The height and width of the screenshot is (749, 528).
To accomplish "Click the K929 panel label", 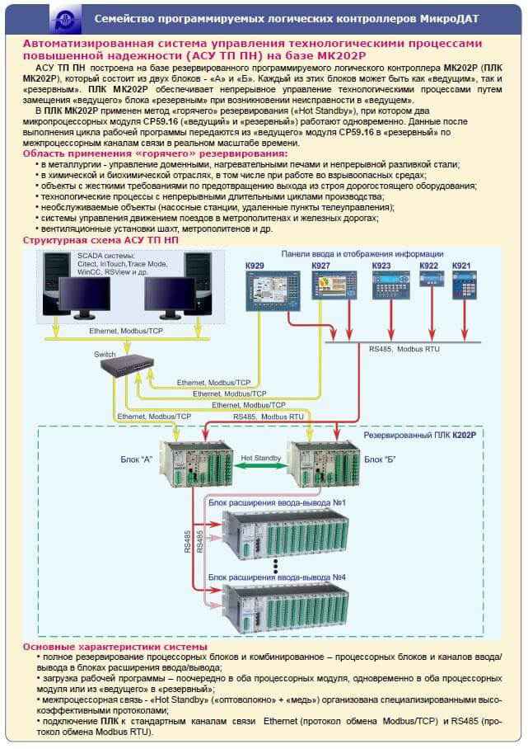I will (255, 266).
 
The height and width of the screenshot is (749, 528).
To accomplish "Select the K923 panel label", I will (381, 266).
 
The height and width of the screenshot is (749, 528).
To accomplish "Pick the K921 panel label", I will (462, 266).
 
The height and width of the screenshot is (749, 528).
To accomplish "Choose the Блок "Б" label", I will (380, 459).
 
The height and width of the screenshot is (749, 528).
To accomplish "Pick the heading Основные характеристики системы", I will (115, 648).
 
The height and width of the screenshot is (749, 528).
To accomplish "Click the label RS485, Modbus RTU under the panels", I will (404, 350).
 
